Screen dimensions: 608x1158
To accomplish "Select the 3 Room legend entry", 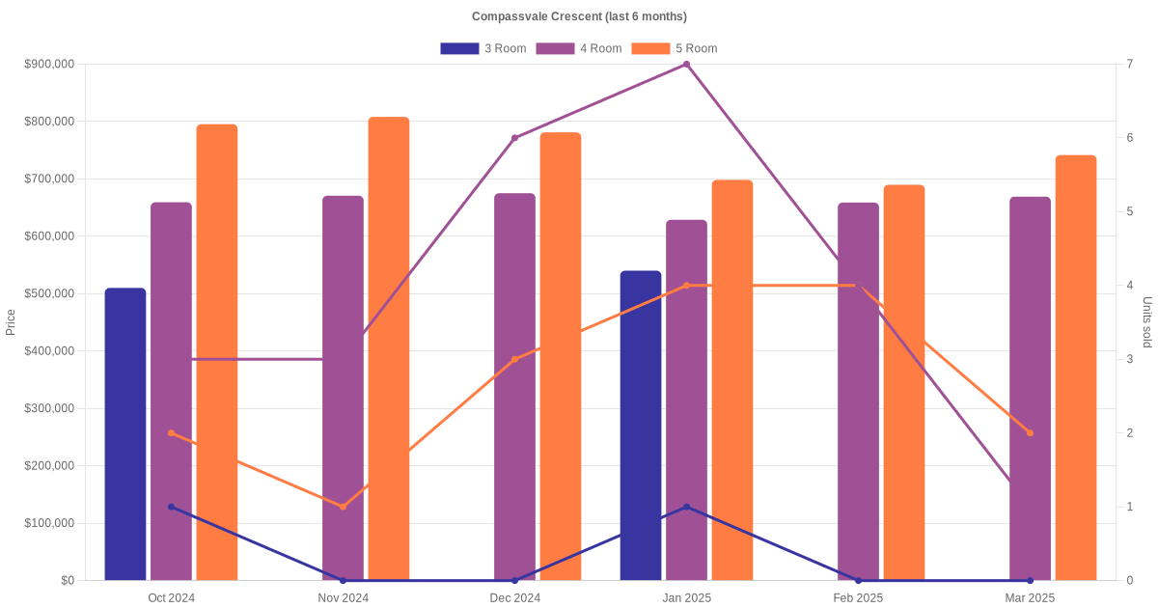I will [x=482, y=48].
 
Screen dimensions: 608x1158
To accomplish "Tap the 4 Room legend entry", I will [x=578, y=48].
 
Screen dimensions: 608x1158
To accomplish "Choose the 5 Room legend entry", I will [x=674, y=48].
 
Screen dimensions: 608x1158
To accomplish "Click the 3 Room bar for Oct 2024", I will [x=125, y=434].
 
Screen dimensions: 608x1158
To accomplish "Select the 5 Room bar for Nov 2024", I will [x=389, y=347].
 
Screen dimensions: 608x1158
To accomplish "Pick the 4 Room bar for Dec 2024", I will [x=514, y=386].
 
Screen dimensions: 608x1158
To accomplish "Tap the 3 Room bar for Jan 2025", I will [x=641, y=425].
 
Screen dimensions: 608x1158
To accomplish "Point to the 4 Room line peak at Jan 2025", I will [x=686, y=65].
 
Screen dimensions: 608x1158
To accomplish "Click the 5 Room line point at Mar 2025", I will [x=1030, y=433].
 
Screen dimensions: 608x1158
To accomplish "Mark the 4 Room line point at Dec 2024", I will [x=514, y=138].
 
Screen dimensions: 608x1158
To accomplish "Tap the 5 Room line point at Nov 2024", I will [x=343, y=507].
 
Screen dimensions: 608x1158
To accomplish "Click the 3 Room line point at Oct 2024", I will [x=172, y=507].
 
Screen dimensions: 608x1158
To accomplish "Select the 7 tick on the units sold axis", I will [x=1129, y=65].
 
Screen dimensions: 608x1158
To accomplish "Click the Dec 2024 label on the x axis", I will [x=514, y=598].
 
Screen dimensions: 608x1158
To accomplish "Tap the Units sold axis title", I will [x=1146, y=322].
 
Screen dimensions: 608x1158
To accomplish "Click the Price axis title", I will [x=11, y=322].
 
